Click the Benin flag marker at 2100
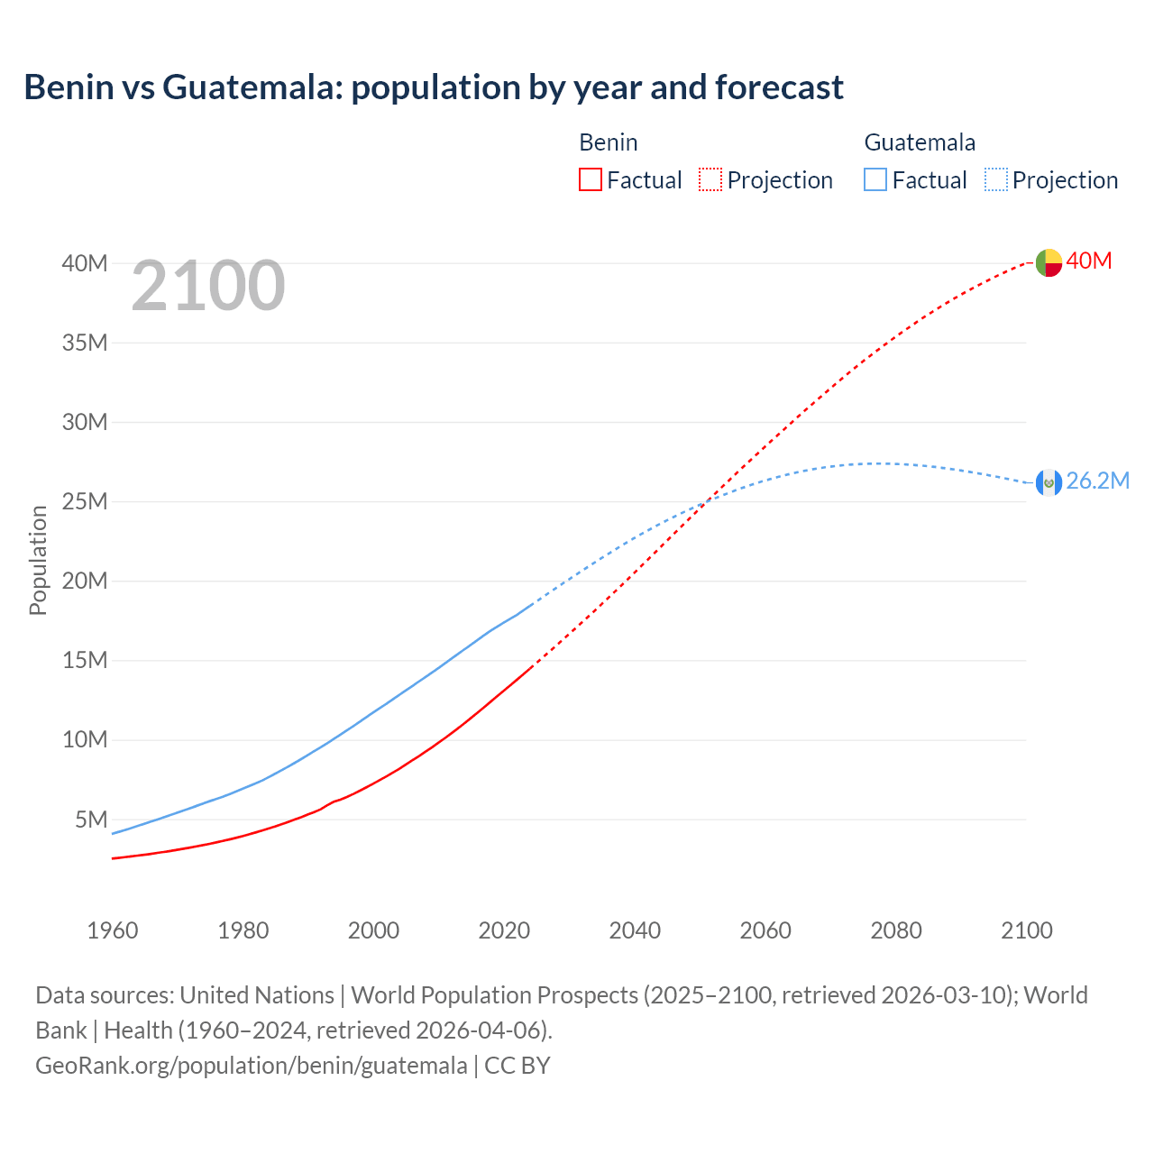tap(1049, 262)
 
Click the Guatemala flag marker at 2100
tap(1049, 482)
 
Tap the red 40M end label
tap(1089, 261)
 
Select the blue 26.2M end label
tap(1097, 481)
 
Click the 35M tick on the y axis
tap(85, 343)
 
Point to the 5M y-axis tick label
tap(91, 820)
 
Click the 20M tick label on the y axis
tap(85, 581)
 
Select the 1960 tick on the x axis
tap(113, 930)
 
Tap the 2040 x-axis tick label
tap(635, 930)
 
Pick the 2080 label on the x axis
tap(896, 930)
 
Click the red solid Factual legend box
tap(591, 179)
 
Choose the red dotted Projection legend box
tap(710, 179)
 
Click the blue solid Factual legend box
tap(875, 179)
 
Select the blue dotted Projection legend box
tap(995, 179)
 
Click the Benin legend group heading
tap(609, 142)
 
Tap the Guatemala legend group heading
tap(920, 142)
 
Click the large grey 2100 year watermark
tap(208, 286)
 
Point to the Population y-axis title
tap(38, 560)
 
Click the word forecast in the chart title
tap(779, 87)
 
